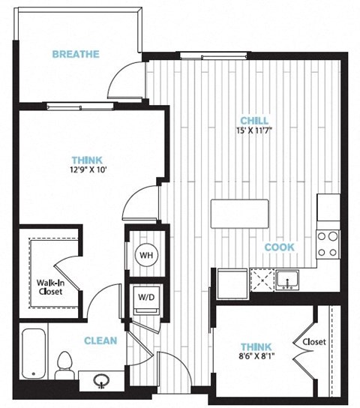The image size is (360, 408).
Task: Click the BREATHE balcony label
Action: point(76,54)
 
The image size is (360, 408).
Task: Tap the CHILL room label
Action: point(254,121)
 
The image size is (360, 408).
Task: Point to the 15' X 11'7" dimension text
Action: point(254,130)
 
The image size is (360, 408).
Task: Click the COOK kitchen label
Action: point(280,247)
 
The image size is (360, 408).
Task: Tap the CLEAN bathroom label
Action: point(100,340)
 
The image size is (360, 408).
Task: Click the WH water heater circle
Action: point(146,255)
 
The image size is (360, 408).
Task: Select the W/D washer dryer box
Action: point(146,299)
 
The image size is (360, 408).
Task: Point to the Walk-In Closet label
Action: point(50,286)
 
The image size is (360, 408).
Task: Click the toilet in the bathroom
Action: point(64,365)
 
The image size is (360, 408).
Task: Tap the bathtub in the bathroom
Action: point(34,354)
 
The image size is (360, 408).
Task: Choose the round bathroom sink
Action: point(101,381)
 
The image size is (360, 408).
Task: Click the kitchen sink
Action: point(287,280)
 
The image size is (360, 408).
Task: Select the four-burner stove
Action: point(328,244)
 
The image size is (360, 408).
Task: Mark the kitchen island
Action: point(239,214)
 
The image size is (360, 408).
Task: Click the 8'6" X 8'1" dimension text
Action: point(256,355)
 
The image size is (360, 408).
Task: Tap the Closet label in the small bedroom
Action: point(314,342)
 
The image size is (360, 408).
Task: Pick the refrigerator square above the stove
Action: point(328,208)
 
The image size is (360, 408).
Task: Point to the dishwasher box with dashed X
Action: point(262,280)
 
